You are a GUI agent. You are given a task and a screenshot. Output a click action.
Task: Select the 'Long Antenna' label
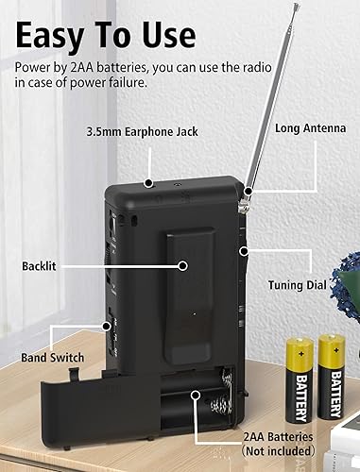point(309,126)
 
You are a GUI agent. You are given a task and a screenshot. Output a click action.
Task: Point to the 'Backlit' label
point(39,266)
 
